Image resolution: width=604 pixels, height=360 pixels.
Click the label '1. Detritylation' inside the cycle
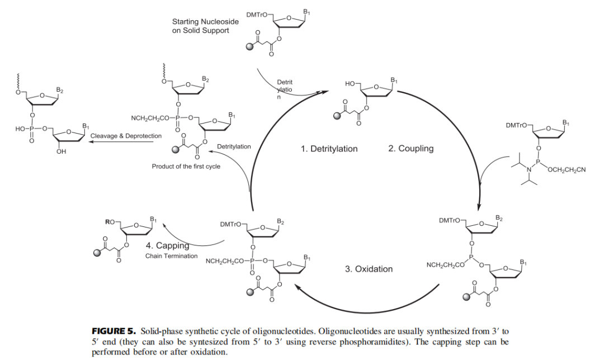[x=329, y=149]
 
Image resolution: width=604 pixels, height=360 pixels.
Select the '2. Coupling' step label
[x=410, y=149]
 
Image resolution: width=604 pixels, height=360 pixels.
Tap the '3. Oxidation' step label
[x=369, y=269]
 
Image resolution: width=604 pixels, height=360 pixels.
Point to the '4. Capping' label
[x=167, y=245]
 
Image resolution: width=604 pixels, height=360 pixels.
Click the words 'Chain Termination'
[x=171, y=256]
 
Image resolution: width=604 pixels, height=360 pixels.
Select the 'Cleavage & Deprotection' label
[x=126, y=136]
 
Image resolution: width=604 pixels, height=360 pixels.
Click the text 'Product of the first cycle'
[x=186, y=167]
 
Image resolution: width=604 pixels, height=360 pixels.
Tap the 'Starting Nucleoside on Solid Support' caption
[x=205, y=26]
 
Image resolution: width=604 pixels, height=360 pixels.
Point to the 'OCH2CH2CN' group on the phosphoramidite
[x=566, y=170]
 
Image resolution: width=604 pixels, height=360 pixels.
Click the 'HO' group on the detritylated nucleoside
[x=350, y=83]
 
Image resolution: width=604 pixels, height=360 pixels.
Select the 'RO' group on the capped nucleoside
[x=110, y=222]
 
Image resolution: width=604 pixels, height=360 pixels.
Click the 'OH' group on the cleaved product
[x=62, y=151]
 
